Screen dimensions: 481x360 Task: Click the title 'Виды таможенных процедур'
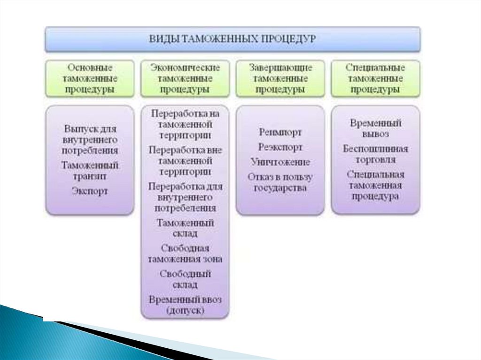click(233, 38)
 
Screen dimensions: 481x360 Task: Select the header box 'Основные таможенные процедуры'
click(90, 78)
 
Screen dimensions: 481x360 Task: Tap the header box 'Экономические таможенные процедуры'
click(185, 78)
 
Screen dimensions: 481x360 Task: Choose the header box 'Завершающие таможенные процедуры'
click(280, 78)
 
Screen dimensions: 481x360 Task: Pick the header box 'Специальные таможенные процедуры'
click(375, 78)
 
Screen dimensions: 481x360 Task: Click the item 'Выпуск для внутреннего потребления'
click(90, 139)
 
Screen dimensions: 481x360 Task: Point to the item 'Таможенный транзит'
click(90, 171)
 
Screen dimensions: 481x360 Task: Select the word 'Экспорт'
click(90, 191)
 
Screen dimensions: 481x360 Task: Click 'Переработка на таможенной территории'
click(185, 124)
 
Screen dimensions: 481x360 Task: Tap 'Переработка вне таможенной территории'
click(185, 161)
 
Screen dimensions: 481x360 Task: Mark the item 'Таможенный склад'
click(185, 227)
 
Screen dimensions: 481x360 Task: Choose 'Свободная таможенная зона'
click(185, 253)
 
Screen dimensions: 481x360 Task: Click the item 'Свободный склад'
click(185, 278)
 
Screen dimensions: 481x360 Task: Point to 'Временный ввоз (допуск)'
click(185, 304)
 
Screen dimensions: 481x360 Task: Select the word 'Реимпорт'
click(280, 132)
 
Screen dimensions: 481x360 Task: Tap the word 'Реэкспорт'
click(280, 147)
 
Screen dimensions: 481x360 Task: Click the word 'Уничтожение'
click(280, 162)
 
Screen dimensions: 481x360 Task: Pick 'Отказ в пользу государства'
click(280, 183)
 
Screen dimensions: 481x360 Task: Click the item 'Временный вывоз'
click(375, 129)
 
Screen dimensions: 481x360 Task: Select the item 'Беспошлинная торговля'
click(375, 154)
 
